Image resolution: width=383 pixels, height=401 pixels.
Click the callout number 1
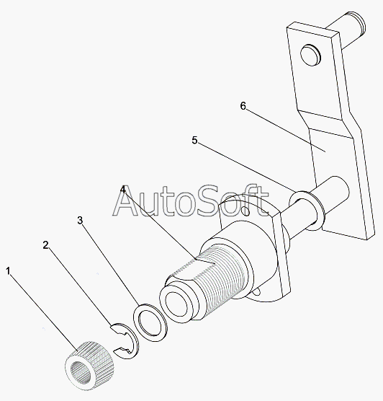coord(8,271)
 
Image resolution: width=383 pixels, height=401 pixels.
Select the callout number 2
coord(45,245)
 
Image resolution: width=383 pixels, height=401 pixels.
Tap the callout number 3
coord(80,220)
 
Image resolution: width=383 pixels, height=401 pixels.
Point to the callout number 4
coord(123,190)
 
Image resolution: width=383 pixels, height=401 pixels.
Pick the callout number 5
coord(194,140)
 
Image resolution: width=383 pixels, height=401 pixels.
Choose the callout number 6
coord(243,105)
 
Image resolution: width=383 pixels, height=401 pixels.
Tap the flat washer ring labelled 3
coord(150,322)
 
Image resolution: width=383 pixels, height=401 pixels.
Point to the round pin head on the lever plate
coord(310,55)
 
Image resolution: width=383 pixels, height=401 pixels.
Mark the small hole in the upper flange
coord(246,211)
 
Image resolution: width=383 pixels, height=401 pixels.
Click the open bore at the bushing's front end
coord(179,304)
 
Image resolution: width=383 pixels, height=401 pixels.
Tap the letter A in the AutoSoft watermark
coord(128,200)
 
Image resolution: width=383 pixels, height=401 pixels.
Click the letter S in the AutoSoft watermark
coord(207,200)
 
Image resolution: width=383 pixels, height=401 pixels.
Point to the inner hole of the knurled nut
coord(81,374)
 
